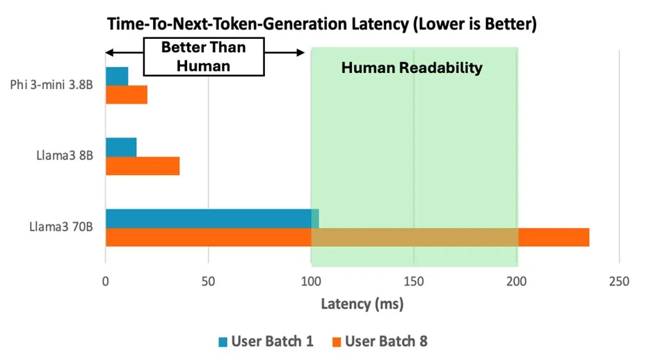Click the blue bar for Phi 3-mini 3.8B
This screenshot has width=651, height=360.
(117, 76)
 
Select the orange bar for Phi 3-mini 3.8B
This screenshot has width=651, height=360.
(127, 95)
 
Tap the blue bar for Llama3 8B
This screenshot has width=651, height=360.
(121, 147)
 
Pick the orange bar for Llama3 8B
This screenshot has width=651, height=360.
(143, 165)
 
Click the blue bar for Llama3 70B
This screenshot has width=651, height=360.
(209, 218)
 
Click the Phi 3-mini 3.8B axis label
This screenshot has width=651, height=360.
(54, 85)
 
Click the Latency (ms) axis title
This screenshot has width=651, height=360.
(362, 304)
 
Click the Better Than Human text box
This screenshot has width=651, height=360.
(204, 56)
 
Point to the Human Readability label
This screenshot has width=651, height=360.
(412, 68)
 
